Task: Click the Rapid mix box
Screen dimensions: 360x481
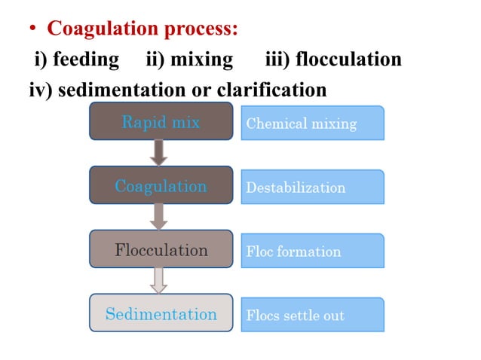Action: [161, 122]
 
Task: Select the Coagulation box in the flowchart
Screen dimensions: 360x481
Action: [161, 186]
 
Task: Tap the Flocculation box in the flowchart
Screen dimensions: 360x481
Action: [161, 250]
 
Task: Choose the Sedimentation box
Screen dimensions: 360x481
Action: [161, 314]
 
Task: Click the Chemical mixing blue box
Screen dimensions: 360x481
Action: [312, 123]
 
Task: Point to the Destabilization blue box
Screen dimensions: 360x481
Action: [312, 187]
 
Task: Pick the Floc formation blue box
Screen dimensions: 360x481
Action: [312, 251]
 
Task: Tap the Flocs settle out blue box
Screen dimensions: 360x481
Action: [312, 315]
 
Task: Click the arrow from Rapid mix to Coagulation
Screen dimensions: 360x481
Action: [159, 152]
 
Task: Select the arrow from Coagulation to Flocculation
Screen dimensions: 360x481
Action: [159, 216]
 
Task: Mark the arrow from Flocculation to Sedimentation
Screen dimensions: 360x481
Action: [159, 280]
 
